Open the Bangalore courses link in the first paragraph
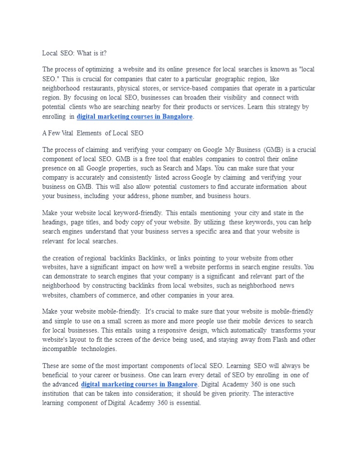click(135, 117)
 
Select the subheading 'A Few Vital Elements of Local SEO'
click(93, 133)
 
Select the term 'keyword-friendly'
click(137, 213)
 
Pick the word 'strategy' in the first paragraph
click(281, 107)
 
